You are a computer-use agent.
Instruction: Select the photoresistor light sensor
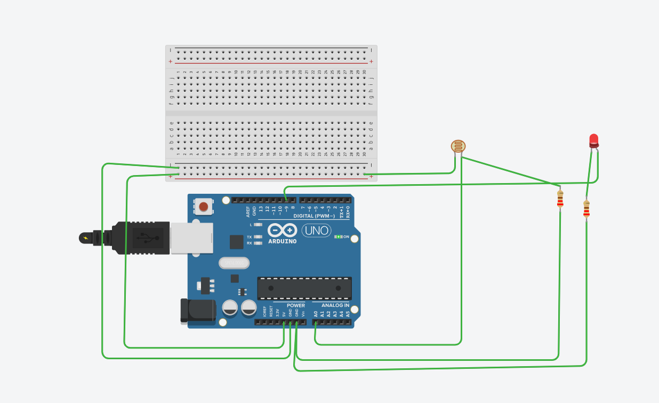point(458,146)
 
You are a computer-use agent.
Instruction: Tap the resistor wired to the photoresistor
point(560,199)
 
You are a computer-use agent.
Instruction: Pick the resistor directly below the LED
point(586,209)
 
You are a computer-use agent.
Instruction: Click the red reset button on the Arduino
point(203,206)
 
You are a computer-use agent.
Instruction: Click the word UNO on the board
point(316,231)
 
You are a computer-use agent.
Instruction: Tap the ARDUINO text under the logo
point(282,241)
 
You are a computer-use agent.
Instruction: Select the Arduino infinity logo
point(282,230)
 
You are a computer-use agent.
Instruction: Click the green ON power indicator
point(339,236)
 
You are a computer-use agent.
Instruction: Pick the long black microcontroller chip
point(304,288)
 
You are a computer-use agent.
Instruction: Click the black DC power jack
point(197,311)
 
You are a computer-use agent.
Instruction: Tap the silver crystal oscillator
point(234,263)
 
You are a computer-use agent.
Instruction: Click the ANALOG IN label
point(335,305)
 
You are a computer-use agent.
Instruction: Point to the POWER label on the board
point(296,305)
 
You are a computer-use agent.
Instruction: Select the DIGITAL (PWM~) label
point(314,216)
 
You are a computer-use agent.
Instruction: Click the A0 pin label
point(316,314)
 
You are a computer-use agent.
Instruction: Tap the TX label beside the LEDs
point(249,237)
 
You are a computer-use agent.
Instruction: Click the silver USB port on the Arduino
point(191,238)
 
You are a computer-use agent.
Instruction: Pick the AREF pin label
point(248,211)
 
